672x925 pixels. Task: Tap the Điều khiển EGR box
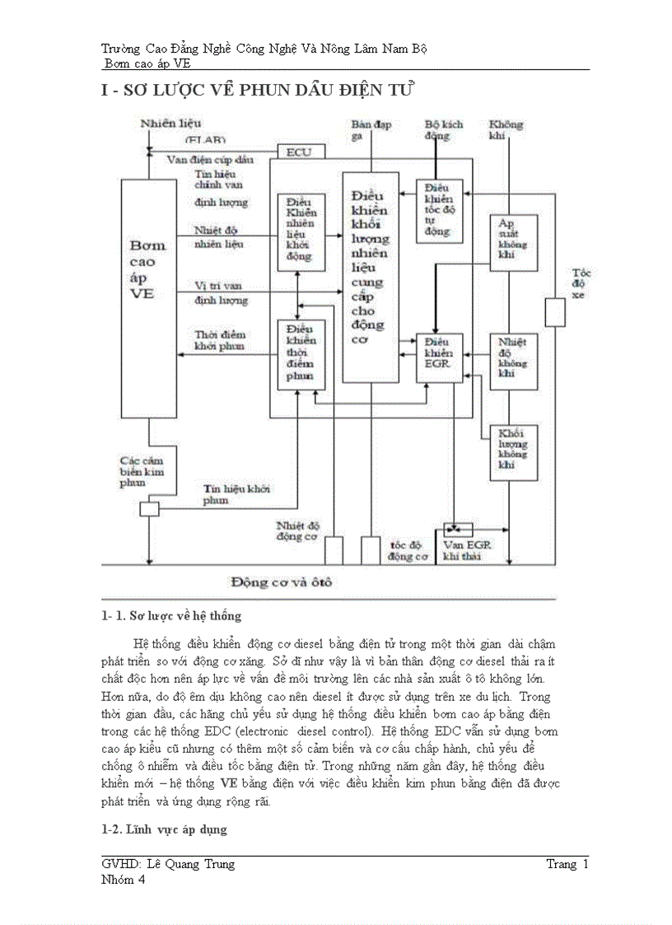440,357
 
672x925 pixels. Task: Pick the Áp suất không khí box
515,243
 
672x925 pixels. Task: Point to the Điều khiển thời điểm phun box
301,354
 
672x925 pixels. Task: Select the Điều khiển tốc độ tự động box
439,211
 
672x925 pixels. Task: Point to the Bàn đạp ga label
371,130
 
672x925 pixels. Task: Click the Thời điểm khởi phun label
220,340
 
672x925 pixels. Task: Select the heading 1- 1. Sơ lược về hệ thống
170,615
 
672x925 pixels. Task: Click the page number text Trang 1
567,864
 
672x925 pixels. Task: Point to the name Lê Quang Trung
190,864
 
